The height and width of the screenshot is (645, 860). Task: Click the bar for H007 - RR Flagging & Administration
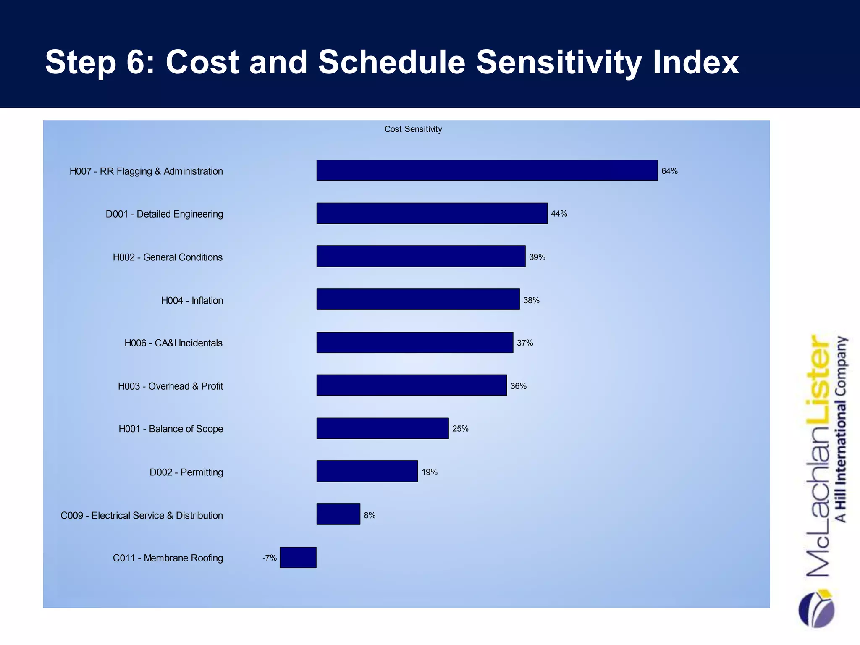pyautogui.click(x=487, y=170)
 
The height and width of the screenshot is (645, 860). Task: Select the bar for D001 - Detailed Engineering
pyautogui.click(x=432, y=213)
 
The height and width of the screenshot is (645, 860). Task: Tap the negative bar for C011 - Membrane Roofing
pyautogui.click(x=298, y=557)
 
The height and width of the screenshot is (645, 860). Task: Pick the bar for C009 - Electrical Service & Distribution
pyautogui.click(x=338, y=514)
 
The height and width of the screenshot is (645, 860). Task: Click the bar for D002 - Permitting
pyautogui.click(x=367, y=471)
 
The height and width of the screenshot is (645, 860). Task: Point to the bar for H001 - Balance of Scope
pyautogui.click(x=383, y=428)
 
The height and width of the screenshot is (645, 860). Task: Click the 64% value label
pyautogui.click(x=669, y=171)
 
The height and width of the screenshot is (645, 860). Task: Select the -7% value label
pyautogui.click(x=270, y=558)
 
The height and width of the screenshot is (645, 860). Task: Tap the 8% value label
pyautogui.click(x=370, y=515)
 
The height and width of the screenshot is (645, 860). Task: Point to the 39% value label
pyautogui.click(x=537, y=257)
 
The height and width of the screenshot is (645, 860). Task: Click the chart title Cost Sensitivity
pyautogui.click(x=413, y=129)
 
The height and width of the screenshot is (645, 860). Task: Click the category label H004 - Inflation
pyautogui.click(x=192, y=301)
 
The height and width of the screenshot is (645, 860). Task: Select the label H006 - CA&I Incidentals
pyautogui.click(x=173, y=343)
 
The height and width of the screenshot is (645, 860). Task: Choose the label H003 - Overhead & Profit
pyautogui.click(x=170, y=386)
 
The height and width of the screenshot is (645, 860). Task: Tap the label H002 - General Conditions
pyautogui.click(x=168, y=257)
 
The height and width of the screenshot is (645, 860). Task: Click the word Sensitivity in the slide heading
pyautogui.click(x=558, y=62)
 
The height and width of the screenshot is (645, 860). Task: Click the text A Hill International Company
pyautogui.click(x=841, y=428)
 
